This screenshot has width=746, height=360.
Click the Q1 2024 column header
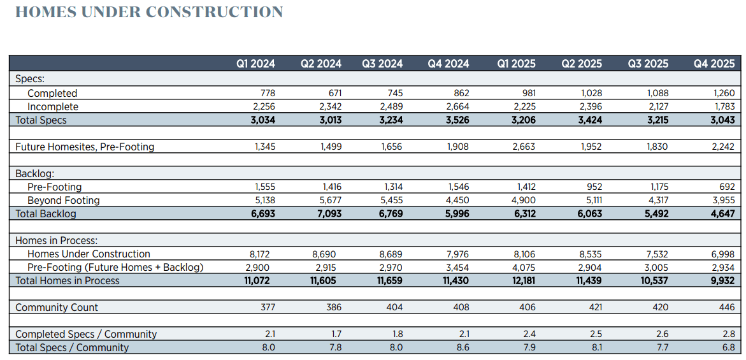255,63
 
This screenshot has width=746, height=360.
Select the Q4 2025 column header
714,63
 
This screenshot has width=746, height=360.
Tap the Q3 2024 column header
382,63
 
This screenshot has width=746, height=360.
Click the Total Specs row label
41,120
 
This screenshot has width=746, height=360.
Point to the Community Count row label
57,307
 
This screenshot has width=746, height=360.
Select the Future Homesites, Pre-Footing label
85,147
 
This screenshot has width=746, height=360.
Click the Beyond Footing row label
64,200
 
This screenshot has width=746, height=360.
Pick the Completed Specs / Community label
86,334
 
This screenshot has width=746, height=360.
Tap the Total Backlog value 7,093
328,213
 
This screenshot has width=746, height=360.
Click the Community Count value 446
726,307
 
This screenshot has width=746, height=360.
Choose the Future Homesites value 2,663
522,147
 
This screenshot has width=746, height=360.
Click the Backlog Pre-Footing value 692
726,187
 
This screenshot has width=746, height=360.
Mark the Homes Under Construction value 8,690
329,254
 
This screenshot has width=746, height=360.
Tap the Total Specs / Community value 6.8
728,347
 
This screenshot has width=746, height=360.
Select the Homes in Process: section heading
57,240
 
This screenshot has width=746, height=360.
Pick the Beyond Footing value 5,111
590,200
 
